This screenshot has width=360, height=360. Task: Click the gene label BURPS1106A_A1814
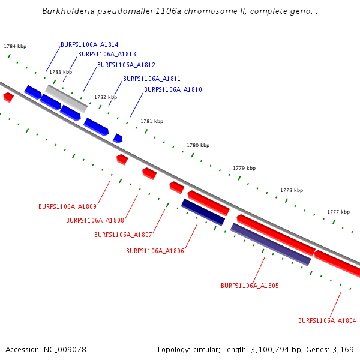89,45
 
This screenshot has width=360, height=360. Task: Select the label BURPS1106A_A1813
107,55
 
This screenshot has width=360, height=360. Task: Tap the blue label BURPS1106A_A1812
126,65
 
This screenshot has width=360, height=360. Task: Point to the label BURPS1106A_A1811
152,79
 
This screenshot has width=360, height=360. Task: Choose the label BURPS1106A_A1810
173,90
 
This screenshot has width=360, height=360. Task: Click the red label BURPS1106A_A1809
67,207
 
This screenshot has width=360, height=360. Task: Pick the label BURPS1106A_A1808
95,221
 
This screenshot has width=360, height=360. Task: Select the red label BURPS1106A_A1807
123,235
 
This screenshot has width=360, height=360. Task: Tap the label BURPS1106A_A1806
155,251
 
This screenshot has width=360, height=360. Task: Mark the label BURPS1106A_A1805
250,286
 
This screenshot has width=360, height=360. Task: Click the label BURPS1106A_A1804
327,321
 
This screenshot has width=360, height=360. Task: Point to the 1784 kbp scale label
15,46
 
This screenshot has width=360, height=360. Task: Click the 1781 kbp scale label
152,121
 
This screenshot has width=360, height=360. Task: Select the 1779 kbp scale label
244,168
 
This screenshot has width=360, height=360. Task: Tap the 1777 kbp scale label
338,212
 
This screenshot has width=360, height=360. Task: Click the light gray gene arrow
67,98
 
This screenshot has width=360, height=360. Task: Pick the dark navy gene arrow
203,212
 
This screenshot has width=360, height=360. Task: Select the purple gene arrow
271,244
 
